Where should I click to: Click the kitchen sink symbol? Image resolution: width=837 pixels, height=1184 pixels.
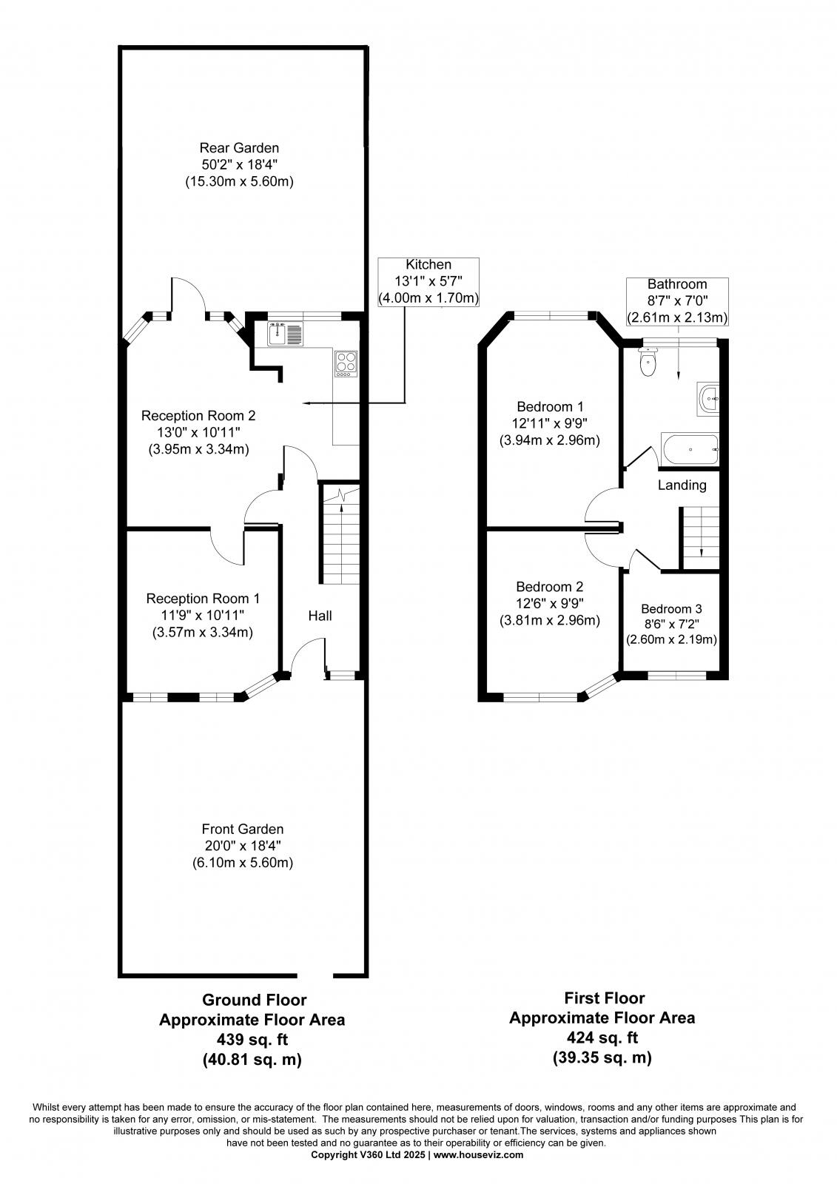point(285,334)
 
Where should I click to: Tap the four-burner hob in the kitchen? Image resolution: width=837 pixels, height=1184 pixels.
point(346,363)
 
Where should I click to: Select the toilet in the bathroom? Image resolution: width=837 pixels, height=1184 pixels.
point(648,363)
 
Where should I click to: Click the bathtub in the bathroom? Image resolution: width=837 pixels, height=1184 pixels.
point(690,449)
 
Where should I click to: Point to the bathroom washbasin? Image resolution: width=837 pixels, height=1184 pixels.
point(708,398)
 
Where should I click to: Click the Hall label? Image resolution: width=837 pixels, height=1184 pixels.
point(320,616)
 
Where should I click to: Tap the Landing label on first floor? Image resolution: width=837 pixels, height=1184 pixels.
point(682,485)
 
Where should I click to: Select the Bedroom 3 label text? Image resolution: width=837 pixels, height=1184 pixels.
point(671,609)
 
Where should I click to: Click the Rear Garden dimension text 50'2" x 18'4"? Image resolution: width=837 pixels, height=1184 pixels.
point(238,164)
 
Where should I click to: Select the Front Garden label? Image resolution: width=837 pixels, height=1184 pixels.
point(242,830)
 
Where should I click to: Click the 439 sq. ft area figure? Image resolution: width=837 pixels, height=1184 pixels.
point(252,1040)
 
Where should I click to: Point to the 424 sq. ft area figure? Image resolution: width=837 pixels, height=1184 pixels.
point(602,1037)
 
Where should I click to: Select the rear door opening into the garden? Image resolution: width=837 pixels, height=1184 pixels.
point(189,297)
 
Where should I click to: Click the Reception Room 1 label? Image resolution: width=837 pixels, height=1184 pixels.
point(202,598)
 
